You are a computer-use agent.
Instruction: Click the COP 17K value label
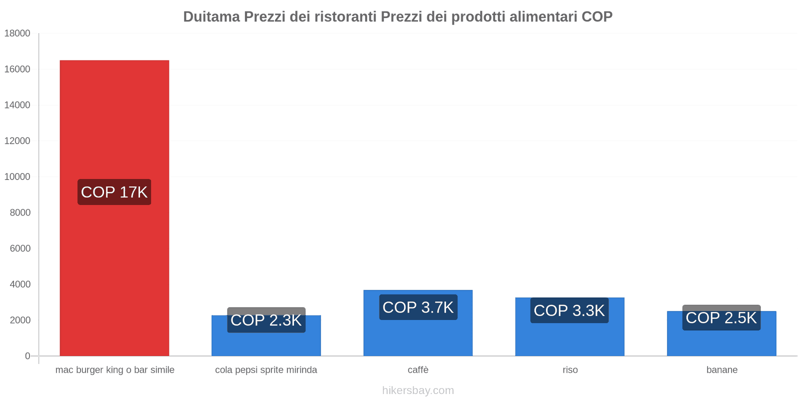pyautogui.click(x=114, y=192)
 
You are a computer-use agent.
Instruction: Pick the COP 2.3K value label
pyautogui.click(x=266, y=320)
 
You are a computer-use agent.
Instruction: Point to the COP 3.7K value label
pyautogui.click(x=418, y=307)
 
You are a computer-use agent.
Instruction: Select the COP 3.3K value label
pyautogui.click(x=569, y=310)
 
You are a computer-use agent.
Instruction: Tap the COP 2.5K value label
pyautogui.click(x=721, y=317)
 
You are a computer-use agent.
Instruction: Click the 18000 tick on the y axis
pyautogui.click(x=17, y=33)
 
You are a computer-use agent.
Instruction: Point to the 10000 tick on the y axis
pyautogui.click(x=17, y=176)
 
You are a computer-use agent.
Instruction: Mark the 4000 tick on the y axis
pyautogui.click(x=20, y=284)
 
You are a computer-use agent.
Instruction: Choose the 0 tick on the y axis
pyautogui.click(x=27, y=356)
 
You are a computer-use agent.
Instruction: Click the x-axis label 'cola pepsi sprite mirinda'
pyautogui.click(x=266, y=370)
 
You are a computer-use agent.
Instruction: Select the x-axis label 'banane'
pyautogui.click(x=721, y=370)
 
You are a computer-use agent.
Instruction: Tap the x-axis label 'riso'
pyautogui.click(x=570, y=370)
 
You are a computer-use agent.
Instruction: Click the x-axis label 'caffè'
pyautogui.click(x=418, y=370)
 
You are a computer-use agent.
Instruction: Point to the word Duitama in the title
pyautogui.click(x=211, y=16)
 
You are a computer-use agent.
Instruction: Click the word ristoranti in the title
pyautogui.click(x=344, y=16)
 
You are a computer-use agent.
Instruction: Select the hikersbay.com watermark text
pyautogui.click(x=418, y=390)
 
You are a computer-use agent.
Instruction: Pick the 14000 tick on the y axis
pyautogui.click(x=17, y=105)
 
